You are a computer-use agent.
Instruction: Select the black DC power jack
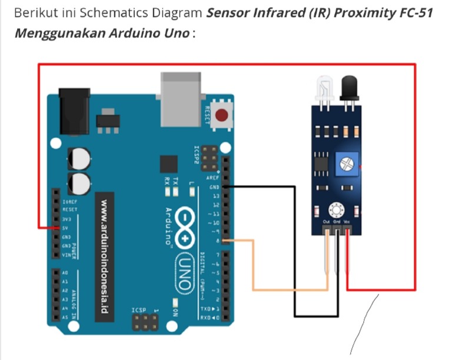click(x=74, y=108)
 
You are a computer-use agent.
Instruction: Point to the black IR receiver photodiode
click(x=349, y=88)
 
